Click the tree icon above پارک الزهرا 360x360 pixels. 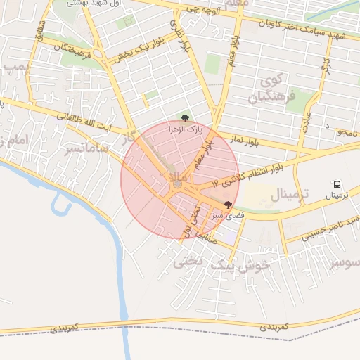[x=185, y=118]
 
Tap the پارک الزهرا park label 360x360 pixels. [x=185, y=129]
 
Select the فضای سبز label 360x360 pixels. [x=227, y=217]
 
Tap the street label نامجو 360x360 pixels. [x=348, y=131]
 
